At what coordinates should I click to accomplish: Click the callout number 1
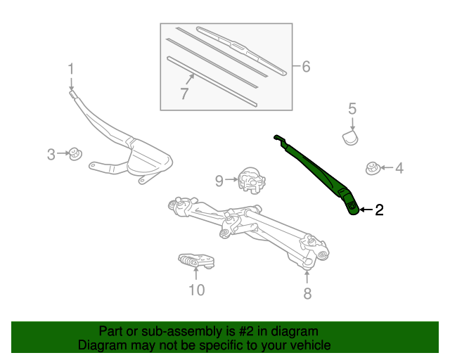point(70,68)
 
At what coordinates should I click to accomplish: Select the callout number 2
point(379,210)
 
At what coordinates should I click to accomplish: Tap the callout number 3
point(51,154)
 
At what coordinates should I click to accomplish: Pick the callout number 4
point(399,168)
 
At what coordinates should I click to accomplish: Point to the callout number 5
point(352,108)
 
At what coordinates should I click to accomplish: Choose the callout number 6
point(305,67)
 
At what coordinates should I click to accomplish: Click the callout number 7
point(184,94)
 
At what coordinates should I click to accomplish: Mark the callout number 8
point(307,294)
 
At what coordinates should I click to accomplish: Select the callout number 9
point(219,181)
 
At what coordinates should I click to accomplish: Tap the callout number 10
point(196,289)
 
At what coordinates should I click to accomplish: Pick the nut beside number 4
point(373,167)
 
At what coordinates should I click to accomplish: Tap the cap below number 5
point(351,135)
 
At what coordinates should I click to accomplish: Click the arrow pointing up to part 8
point(307,276)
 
